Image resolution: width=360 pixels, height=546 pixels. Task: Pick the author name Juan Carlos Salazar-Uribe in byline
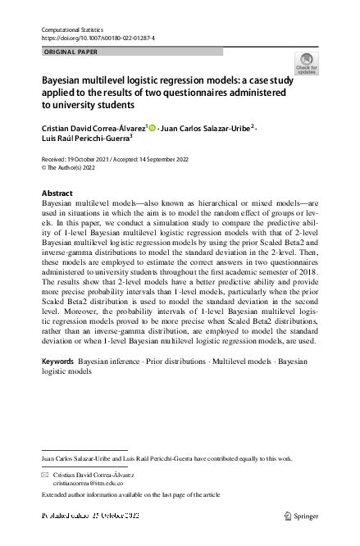205,128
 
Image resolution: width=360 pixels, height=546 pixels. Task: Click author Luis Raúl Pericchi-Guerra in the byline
88,140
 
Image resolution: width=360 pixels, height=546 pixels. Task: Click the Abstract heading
57,193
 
